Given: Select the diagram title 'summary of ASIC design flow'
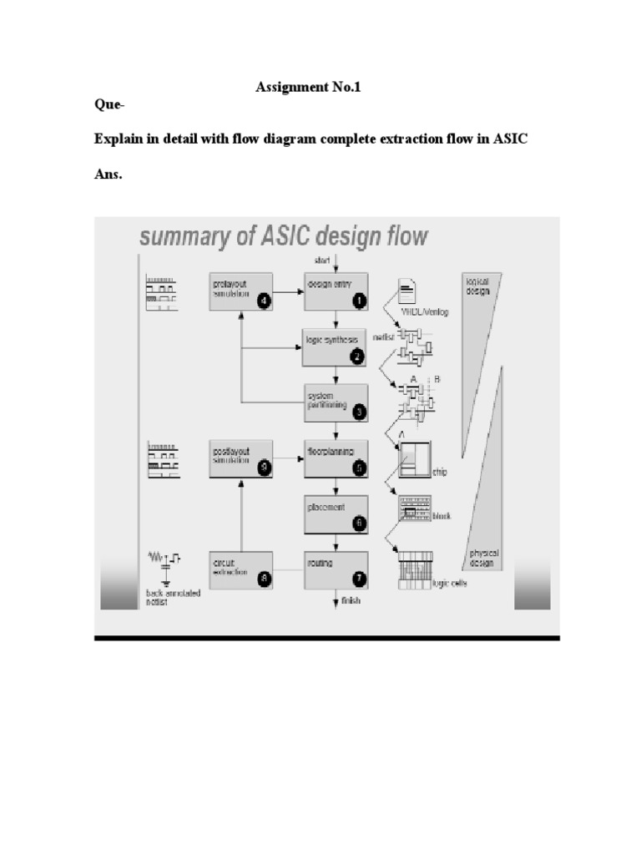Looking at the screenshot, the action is pos(283,236).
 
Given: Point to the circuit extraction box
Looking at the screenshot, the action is pos(241,571).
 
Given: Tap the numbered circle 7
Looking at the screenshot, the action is pos(358,578).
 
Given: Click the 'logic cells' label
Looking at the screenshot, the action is pos(449,584).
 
